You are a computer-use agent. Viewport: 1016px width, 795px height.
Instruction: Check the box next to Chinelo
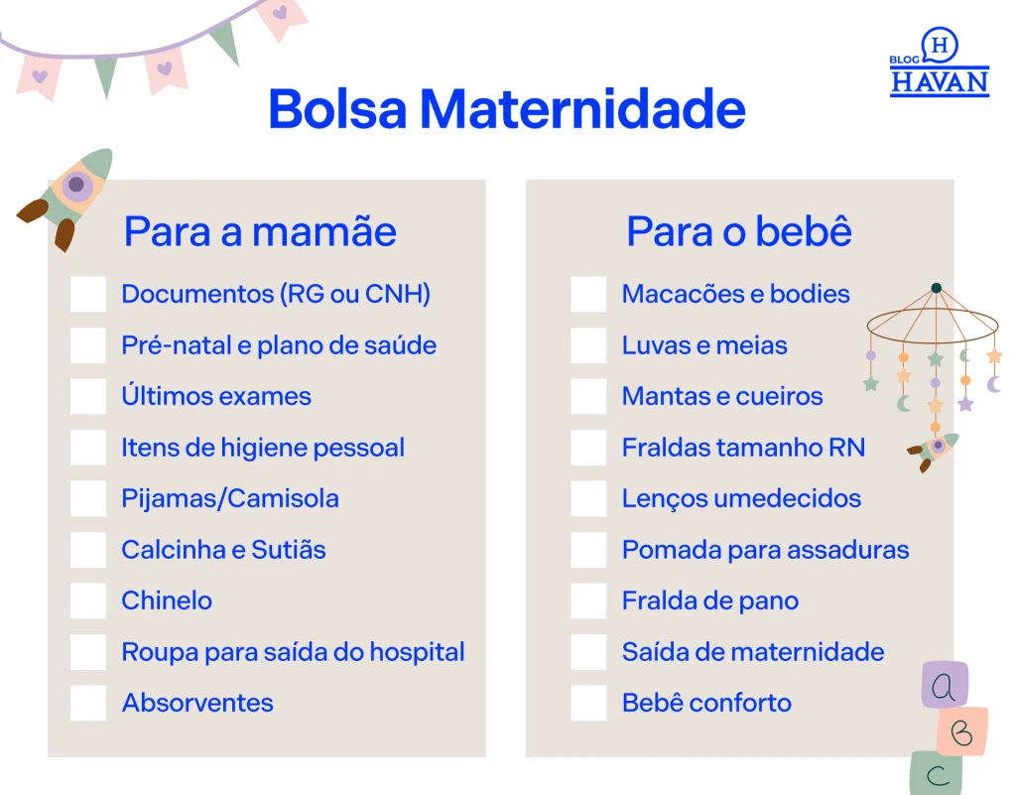[88, 600]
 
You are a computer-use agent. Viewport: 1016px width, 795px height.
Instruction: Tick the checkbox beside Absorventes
[88, 703]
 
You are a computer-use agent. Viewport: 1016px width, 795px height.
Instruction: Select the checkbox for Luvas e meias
[588, 345]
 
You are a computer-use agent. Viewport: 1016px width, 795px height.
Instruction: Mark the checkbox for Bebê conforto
[588, 703]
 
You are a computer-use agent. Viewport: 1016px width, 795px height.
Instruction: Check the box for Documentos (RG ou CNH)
[88, 294]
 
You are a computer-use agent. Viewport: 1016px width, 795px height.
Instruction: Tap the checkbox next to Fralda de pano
[588, 600]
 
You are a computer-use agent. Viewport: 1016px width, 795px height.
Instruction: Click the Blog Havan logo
[939, 63]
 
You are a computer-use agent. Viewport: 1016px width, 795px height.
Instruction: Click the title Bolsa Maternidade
[507, 108]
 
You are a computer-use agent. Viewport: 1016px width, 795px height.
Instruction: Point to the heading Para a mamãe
[260, 231]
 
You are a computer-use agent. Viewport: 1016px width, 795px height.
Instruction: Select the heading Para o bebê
[738, 230]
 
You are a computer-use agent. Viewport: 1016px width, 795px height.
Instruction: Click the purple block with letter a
[945, 685]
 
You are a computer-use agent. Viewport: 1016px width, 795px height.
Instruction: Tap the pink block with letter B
[962, 731]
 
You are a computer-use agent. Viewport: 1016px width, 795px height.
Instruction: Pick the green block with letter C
[937, 773]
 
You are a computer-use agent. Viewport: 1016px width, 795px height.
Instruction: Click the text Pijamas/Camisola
[230, 499]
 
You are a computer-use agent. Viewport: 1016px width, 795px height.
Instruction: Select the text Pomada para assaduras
[765, 550]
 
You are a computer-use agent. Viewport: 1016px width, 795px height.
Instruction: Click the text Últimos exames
[216, 396]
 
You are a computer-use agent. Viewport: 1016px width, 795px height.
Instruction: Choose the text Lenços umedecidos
[741, 499]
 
